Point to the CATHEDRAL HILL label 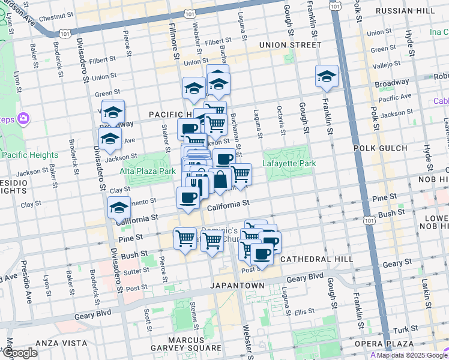312,259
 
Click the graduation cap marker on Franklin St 327,76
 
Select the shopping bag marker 220,179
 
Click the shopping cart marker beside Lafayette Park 241,175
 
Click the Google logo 20,353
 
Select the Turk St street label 411,330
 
